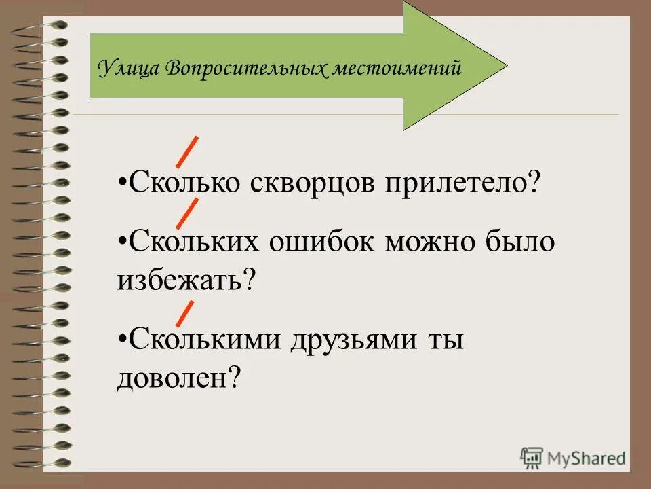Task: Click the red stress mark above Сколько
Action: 187,151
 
